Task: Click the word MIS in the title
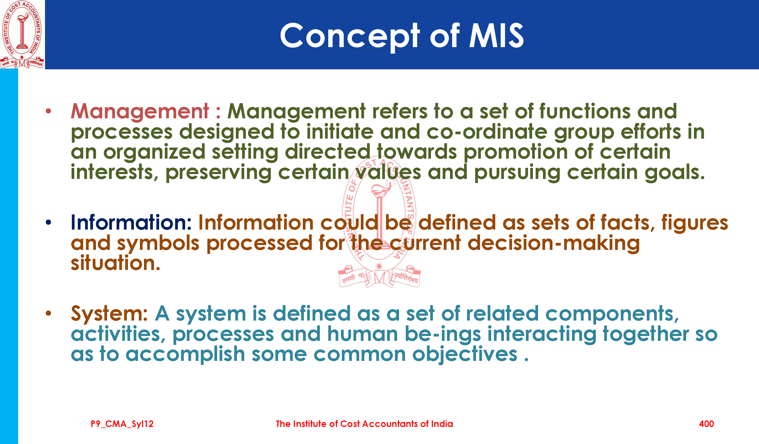[x=497, y=35]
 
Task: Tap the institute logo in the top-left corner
[x=22, y=34]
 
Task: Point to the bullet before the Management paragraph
[x=49, y=111]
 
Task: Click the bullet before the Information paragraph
[x=49, y=223]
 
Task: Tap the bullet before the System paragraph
[x=49, y=314]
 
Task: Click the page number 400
[x=706, y=424]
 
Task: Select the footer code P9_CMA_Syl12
[x=122, y=424]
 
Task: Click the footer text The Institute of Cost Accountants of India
[x=364, y=424]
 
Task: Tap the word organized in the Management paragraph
[x=154, y=152]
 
